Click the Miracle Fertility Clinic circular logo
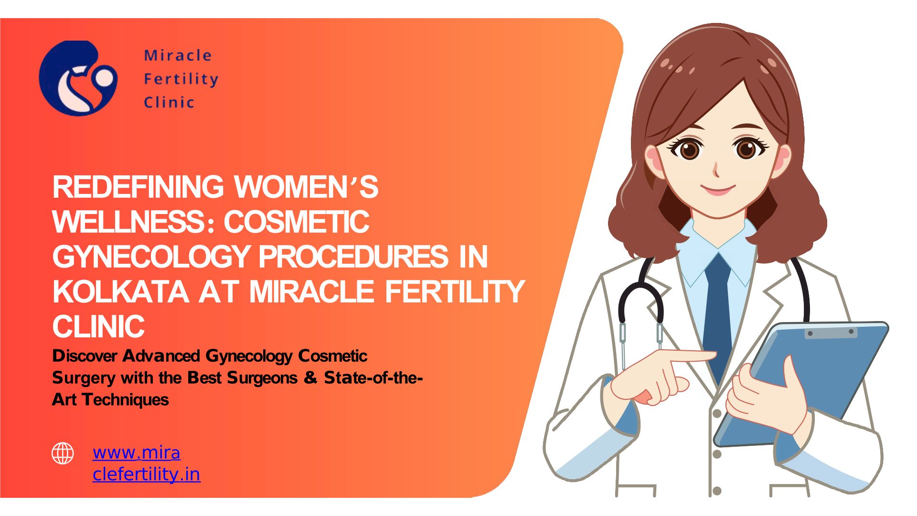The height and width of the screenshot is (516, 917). point(78,78)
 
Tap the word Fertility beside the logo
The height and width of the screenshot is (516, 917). point(181,79)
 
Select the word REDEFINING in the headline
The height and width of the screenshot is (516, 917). point(138,187)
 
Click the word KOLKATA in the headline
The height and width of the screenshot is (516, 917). point(120,291)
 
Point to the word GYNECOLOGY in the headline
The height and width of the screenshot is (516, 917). point(150,257)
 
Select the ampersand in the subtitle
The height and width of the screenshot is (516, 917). point(310,378)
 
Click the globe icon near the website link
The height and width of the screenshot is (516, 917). point(63,453)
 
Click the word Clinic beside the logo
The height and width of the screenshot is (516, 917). point(169,102)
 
